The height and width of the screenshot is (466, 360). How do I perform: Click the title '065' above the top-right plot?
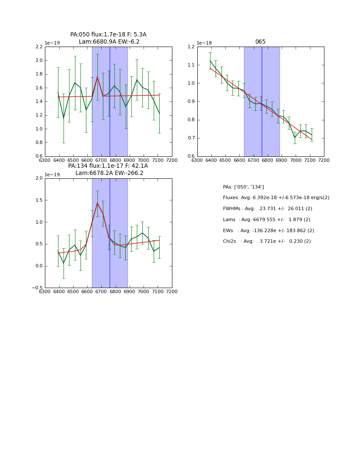(x=260, y=42)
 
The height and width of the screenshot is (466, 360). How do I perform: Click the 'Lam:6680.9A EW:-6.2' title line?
(x=109, y=42)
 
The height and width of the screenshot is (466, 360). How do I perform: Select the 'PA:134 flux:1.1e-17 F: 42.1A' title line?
(x=108, y=166)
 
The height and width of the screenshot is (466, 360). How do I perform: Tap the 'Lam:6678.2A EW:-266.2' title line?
(x=109, y=173)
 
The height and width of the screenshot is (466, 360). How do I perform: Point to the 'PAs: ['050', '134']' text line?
(x=243, y=187)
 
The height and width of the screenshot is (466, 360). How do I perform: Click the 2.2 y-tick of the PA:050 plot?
(x=39, y=47)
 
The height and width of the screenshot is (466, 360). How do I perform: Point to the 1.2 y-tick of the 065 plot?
(x=191, y=47)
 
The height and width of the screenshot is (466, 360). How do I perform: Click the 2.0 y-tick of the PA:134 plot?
(x=39, y=178)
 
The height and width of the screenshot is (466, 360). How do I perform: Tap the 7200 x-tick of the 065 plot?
(x=324, y=160)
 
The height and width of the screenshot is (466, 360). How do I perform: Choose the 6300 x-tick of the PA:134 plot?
(x=45, y=291)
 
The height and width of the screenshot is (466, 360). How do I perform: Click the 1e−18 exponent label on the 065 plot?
(x=204, y=43)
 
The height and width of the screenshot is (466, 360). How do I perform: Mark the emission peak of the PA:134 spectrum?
(x=97, y=203)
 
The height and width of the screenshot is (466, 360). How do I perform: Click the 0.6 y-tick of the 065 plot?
(x=191, y=156)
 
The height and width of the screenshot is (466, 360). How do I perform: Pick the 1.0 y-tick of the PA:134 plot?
(x=39, y=222)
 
